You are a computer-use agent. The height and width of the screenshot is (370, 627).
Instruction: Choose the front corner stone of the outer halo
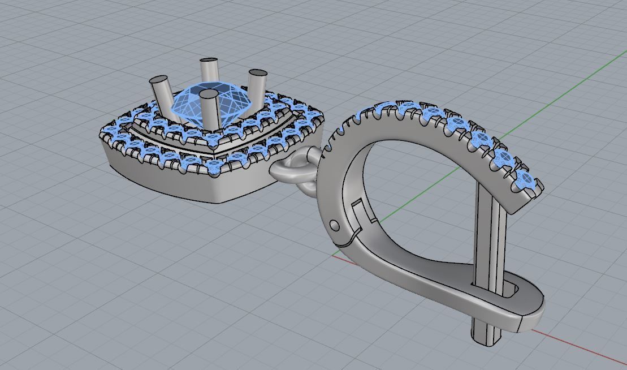click(217, 166)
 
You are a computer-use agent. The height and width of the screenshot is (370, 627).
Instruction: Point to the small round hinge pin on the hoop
click(335, 225)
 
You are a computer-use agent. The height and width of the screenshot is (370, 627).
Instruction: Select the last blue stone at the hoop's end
click(526, 180)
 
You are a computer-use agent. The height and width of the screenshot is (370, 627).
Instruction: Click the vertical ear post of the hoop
click(489, 238)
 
